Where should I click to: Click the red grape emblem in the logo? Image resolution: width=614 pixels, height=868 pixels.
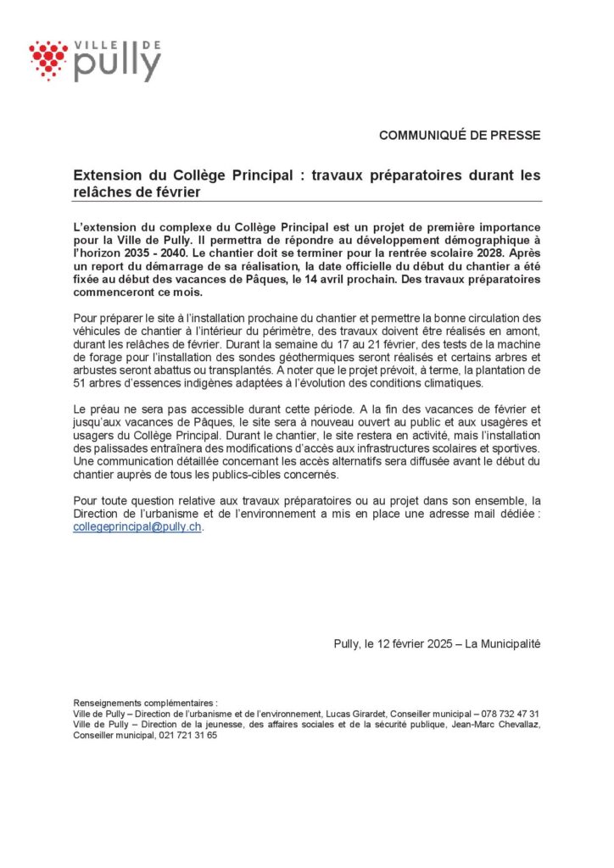point(48,60)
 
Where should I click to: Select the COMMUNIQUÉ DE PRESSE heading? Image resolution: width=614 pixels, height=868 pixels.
point(459,136)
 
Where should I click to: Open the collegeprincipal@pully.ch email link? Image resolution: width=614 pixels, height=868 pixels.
point(138,526)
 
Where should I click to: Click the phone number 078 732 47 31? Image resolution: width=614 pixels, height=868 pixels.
point(505,714)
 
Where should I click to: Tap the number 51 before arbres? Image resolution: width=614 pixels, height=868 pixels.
point(81,383)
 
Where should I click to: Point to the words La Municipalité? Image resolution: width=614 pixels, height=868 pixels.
point(500,643)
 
